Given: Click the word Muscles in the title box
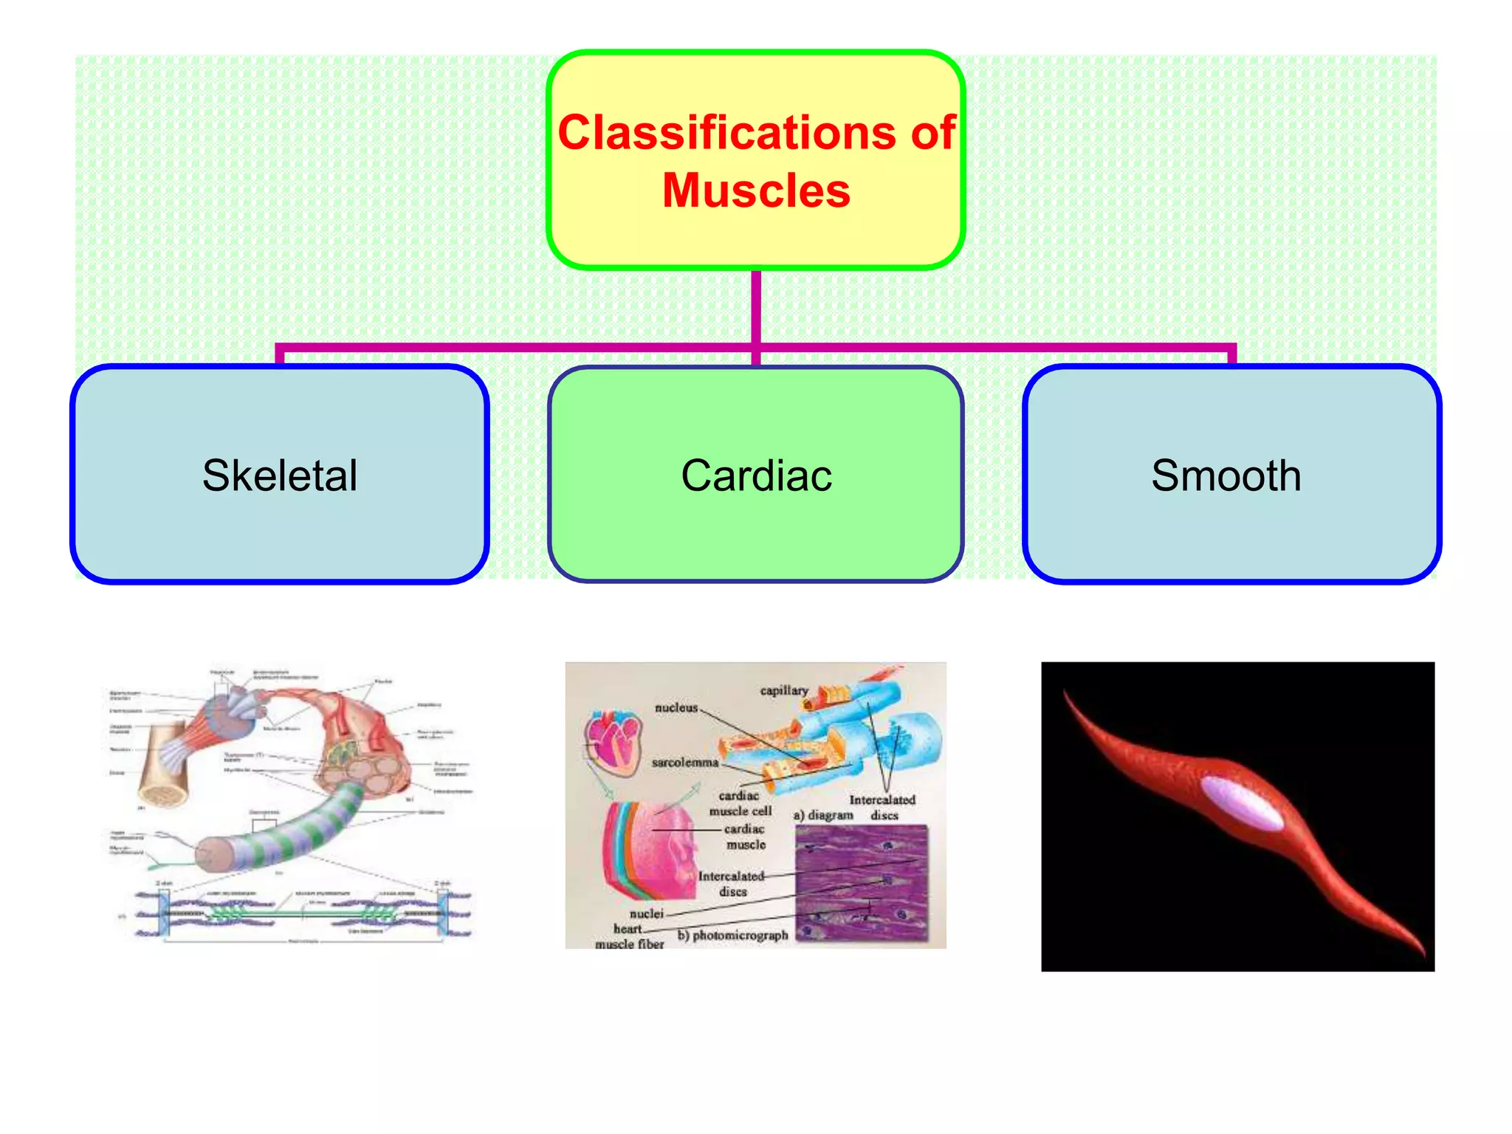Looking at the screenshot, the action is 756,190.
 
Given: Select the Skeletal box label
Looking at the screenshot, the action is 280,475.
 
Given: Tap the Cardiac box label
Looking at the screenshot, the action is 756,475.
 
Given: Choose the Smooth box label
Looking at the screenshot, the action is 1226,475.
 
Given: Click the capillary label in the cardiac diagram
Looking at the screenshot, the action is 783,690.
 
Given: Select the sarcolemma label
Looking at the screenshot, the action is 684,762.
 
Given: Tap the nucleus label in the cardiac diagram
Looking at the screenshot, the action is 676,707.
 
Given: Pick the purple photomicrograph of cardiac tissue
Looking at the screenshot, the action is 861,882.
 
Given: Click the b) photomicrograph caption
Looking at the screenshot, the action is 732,935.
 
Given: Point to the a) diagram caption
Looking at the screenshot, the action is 822,815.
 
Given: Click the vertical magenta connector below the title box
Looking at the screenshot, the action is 756,306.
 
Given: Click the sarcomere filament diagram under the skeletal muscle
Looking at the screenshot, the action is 303,914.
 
